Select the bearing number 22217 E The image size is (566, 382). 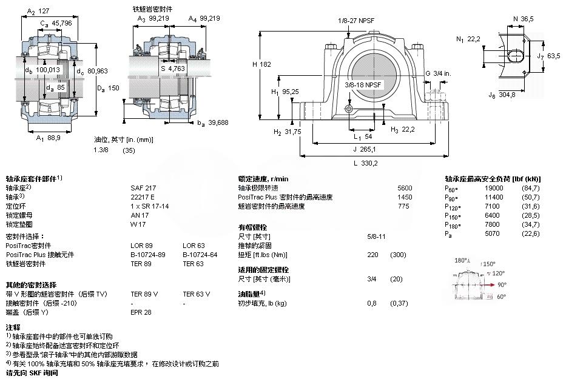point(143,197)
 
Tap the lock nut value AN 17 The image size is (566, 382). point(139,215)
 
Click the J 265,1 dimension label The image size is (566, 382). point(365,150)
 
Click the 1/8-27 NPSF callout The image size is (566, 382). point(357,21)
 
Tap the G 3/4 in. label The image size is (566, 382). point(437,73)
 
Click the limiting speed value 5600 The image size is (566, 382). point(404,188)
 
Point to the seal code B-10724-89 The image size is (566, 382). point(148,255)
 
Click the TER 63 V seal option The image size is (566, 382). point(196,293)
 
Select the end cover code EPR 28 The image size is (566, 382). point(141,312)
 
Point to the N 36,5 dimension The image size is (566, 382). point(524,19)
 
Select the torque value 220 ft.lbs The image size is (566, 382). point(373,255)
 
